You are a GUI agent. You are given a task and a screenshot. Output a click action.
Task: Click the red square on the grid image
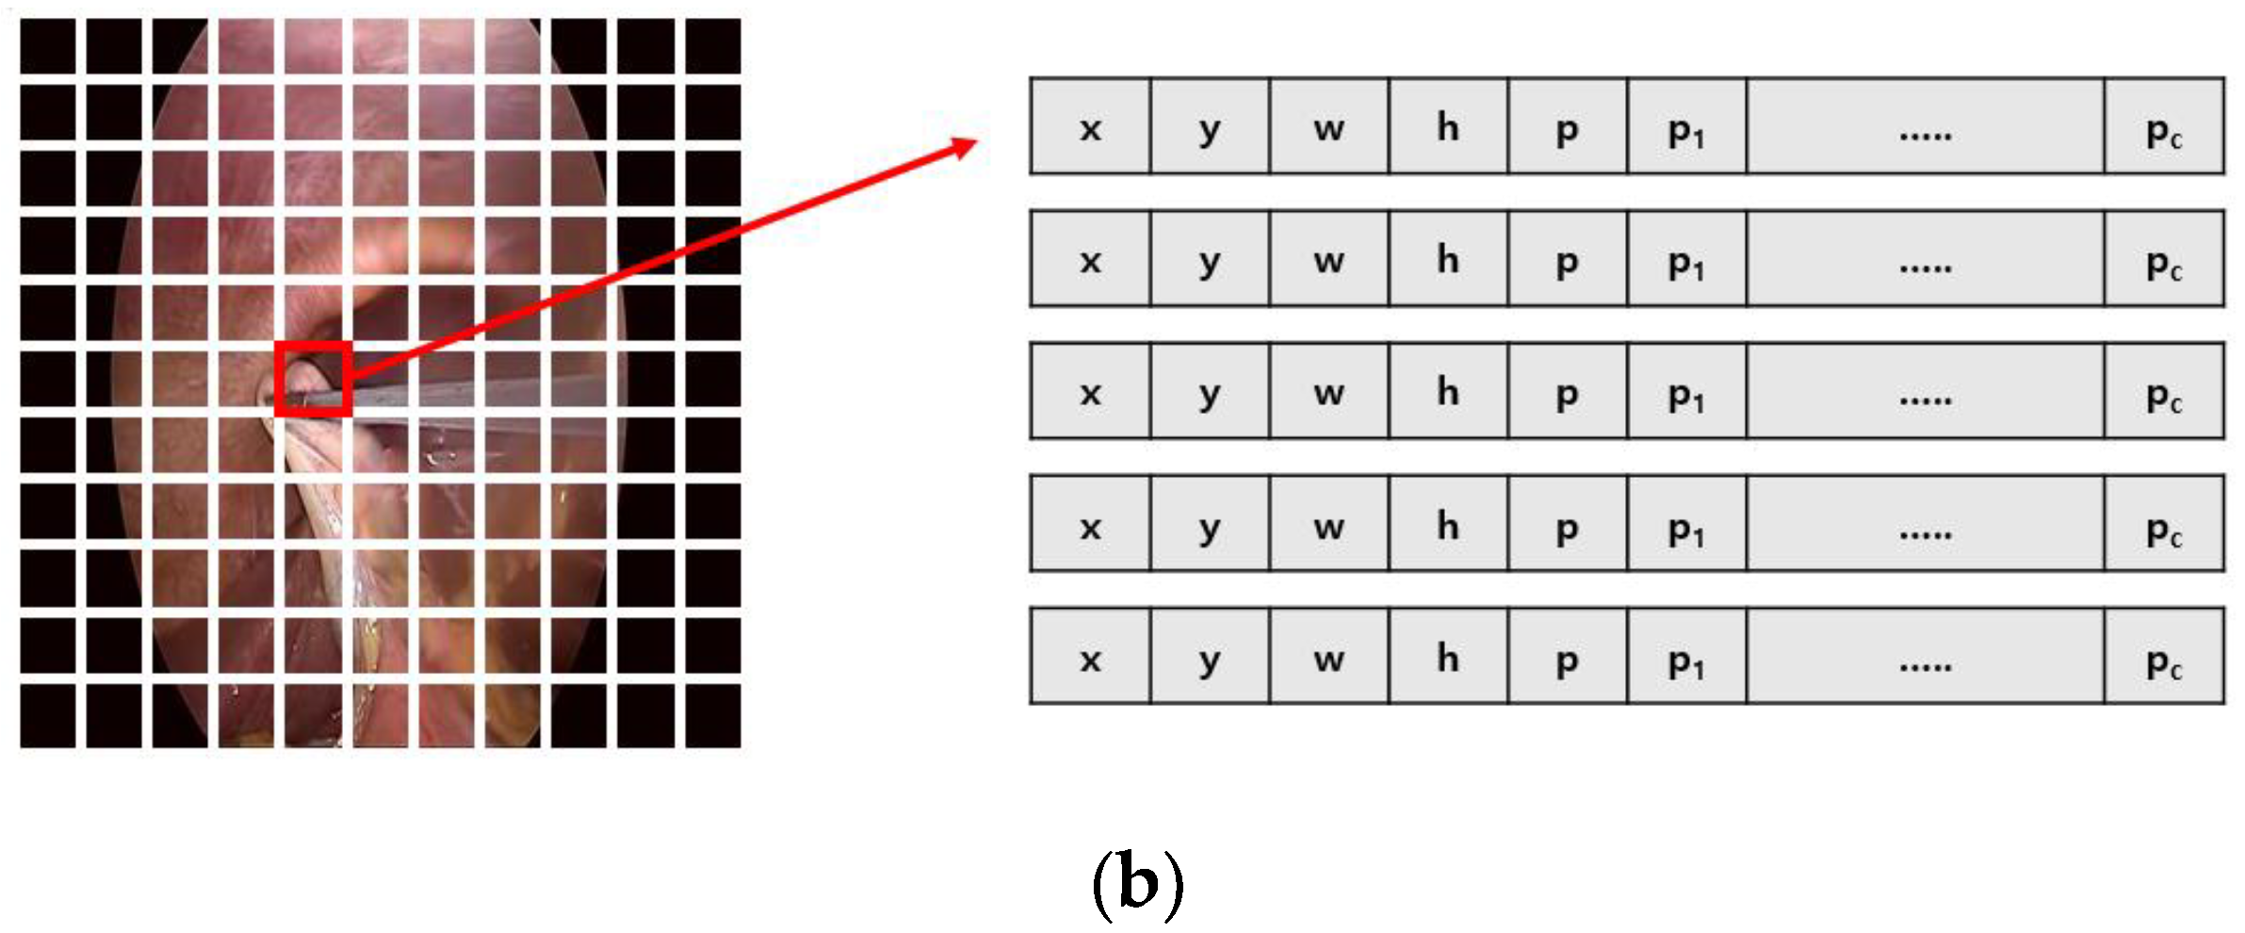click(314, 378)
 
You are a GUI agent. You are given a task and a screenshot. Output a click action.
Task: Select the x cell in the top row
click(1090, 127)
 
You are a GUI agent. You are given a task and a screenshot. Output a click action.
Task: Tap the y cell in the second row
click(1210, 259)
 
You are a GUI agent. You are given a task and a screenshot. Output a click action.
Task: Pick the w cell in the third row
click(1328, 391)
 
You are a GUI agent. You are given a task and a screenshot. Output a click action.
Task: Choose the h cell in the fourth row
click(1448, 524)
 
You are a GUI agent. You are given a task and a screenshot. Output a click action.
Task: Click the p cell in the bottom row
click(1567, 657)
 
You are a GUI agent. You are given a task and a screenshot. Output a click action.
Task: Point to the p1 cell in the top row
click(1686, 127)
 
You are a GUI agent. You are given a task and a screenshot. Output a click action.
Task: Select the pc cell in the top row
click(2164, 127)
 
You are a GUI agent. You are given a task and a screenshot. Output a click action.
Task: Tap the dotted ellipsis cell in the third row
click(1925, 391)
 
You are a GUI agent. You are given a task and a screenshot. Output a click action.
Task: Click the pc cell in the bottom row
click(2164, 657)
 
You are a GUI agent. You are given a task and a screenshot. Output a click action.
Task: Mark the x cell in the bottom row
click(1090, 657)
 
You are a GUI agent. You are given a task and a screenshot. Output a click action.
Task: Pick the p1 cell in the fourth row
click(1686, 524)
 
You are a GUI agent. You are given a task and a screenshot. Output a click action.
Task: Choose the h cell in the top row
click(1448, 127)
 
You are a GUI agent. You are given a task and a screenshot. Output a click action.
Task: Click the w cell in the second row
click(1328, 259)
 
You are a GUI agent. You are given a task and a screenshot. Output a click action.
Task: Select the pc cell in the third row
click(2164, 391)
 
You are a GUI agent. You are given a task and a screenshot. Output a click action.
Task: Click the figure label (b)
click(1137, 884)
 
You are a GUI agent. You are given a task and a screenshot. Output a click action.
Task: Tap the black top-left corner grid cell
click(48, 45)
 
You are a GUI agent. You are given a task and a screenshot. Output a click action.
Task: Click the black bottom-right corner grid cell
click(713, 716)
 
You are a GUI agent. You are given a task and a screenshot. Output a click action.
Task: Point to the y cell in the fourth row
click(1210, 524)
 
